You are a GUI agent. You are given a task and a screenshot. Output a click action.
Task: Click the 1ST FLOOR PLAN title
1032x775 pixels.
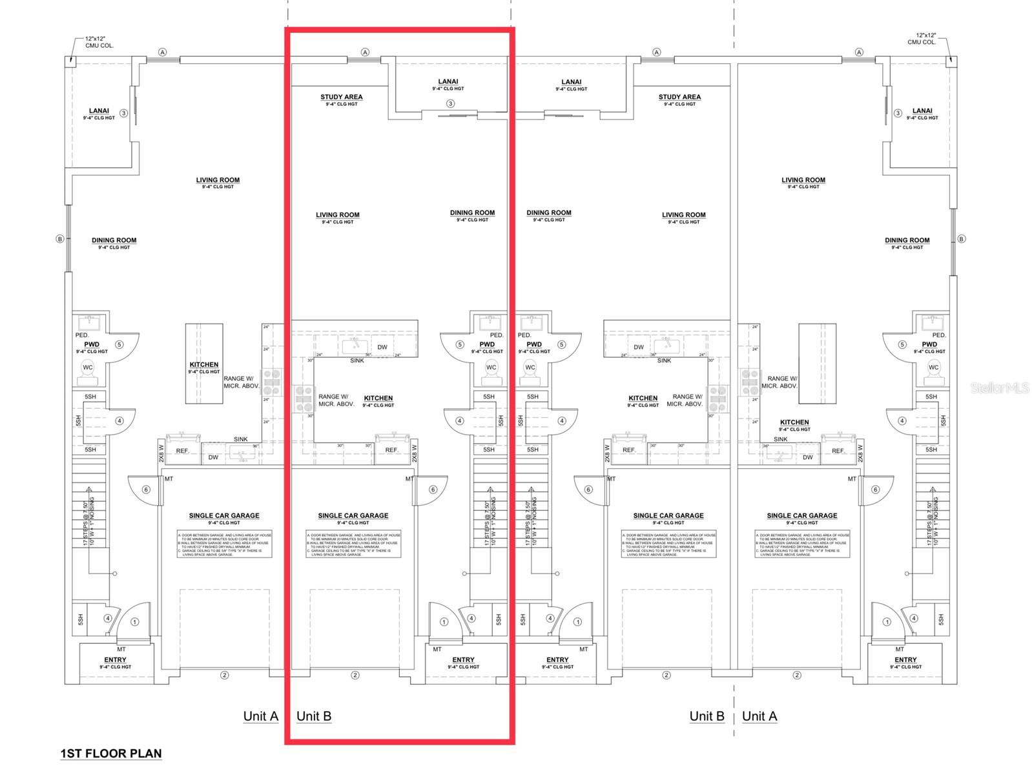[x=111, y=753]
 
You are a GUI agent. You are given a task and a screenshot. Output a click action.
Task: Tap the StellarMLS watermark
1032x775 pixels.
[x=1000, y=387]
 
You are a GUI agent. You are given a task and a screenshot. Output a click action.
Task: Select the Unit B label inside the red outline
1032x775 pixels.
[x=314, y=716]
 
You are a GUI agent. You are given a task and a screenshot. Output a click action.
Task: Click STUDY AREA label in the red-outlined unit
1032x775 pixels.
[x=342, y=97]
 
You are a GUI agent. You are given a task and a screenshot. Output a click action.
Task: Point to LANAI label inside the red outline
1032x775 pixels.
[x=448, y=82]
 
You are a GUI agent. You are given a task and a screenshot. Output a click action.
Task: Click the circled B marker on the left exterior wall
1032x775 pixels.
[x=60, y=239]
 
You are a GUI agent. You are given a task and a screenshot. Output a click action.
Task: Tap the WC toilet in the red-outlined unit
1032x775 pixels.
[x=491, y=367]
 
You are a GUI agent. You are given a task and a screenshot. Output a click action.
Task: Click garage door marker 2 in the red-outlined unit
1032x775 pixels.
[x=355, y=676]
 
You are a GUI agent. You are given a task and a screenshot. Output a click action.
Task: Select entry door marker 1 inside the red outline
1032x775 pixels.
[x=444, y=622]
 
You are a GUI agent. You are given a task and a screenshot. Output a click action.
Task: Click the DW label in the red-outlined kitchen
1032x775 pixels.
[x=382, y=347]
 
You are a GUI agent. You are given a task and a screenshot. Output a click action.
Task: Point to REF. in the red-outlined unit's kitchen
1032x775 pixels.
[x=391, y=450]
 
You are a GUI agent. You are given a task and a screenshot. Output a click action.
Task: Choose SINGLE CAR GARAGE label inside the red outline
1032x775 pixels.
[x=353, y=515]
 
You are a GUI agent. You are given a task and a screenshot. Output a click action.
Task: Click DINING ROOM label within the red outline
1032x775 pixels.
[x=472, y=212]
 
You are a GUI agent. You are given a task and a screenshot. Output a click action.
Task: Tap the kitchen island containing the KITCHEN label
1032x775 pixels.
[x=204, y=364]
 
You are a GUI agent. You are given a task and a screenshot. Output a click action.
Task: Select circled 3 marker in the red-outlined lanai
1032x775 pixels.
[x=450, y=103]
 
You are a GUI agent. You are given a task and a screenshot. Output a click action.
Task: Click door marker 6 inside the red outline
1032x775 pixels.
[x=433, y=490]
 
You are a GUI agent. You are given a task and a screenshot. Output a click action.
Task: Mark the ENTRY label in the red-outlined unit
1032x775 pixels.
[x=463, y=660]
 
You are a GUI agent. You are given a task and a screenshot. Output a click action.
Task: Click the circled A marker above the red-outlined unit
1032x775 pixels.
[x=365, y=52]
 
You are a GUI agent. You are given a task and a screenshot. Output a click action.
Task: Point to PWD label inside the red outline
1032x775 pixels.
[x=487, y=344]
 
